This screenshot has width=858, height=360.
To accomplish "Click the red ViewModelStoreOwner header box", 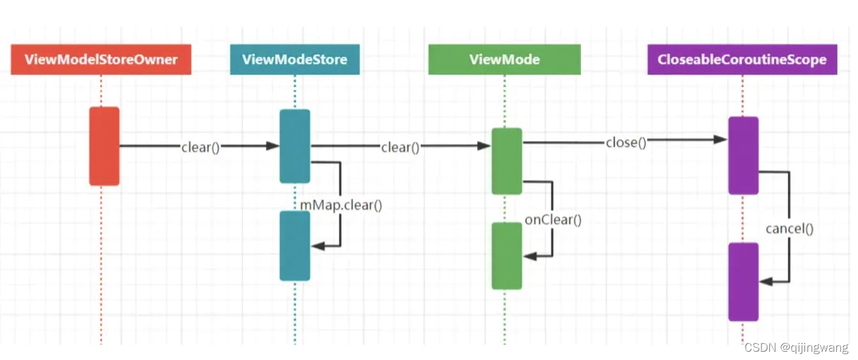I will pyautogui.click(x=101, y=59).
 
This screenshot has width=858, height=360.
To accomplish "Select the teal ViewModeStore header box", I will pyautogui.click(x=294, y=59).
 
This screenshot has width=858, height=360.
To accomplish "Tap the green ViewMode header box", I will pyautogui.click(x=504, y=59).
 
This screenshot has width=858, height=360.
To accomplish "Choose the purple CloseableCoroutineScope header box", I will pyautogui.click(x=742, y=59).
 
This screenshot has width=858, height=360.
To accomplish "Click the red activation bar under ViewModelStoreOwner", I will pyautogui.click(x=104, y=146).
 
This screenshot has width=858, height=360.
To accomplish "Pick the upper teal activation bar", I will pyautogui.click(x=295, y=146).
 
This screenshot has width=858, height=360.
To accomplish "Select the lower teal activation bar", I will pyautogui.click(x=295, y=246).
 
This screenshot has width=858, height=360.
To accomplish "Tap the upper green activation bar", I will pyautogui.click(x=507, y=161).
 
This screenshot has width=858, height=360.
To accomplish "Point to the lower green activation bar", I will pyautogui.click(x=507, y=255).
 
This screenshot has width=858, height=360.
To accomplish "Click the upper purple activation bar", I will pyautogui.click(x=743, y=155).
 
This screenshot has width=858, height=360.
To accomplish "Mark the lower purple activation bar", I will pyautogui.click(x=743, y=281).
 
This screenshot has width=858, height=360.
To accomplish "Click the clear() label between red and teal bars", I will pyautogui.click(x=200, y=147).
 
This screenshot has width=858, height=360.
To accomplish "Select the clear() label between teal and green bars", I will pyautogui.click(x=400, y=147).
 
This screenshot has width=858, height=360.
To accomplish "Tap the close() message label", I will pyautogui.click(x=626, y=142).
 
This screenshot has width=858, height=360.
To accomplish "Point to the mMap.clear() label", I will pyautogui.click(x=342, y=206).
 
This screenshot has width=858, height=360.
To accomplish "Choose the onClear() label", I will pyautogui.click(x=553, y=220).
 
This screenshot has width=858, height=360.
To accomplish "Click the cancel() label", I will pyautogui.click(x=790, y=228).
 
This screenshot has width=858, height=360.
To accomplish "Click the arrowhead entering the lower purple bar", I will pyautogui.click(x=765, y=281).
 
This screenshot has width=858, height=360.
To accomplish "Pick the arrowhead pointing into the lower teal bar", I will pyautogui.click(x=315, y=246).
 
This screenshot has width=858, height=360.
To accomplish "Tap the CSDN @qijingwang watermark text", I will pyautogui.click(x=796, y=348).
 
